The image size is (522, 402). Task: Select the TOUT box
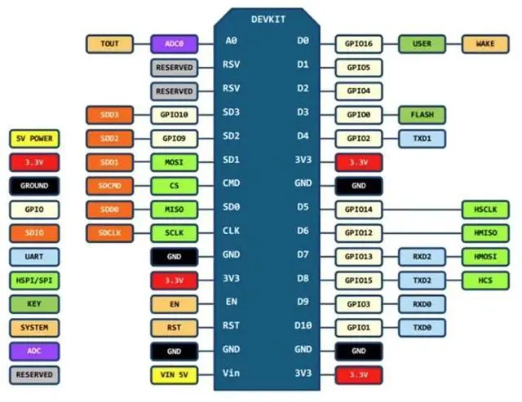click(x=109, y=43)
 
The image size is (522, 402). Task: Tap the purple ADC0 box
click(x=174, y=43)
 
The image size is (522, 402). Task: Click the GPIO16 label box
click(x=359, y=43)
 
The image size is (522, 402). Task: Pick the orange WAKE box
click(x=485, y=43)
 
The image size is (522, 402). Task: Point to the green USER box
click(x=422, y=43)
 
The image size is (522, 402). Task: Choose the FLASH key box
click(x=422, y=115)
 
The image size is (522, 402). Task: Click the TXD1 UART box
click(x=422, y=139)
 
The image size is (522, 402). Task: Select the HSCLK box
click(x=485, y=210)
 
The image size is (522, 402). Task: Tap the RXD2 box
click(x=422, y=257)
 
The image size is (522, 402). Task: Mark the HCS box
click(x=485, y=281)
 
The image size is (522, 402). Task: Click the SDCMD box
click(x=109, y=186)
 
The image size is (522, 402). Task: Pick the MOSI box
click(x=174, y=162)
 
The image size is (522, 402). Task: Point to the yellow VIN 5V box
click(x=174, y=375)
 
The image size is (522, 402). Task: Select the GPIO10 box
click(x=174, y=115)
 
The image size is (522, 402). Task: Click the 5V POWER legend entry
click(x=33, y=139)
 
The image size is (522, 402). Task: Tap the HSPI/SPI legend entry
click(x=33, y=281)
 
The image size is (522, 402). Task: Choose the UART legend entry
click(x=33, y=257)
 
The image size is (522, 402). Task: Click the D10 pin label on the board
click(x=303, y=328)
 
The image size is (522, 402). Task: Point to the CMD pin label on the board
click(x=232, y=186)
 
